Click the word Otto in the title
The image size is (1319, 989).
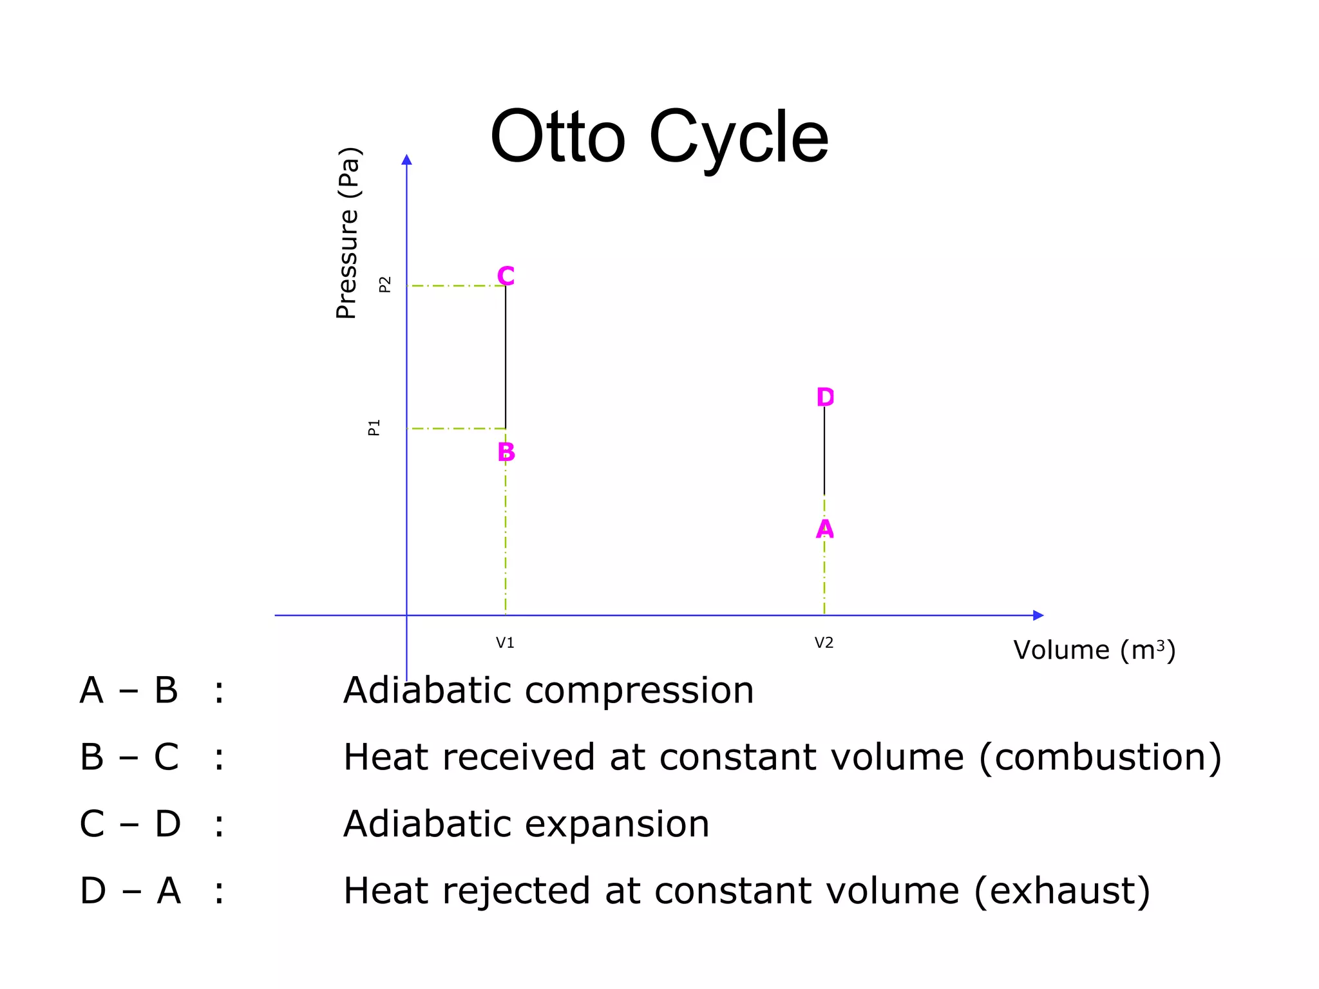pos(558,137)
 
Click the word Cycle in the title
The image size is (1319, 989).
pos(739,137)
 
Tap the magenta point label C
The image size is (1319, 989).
pos(506,276)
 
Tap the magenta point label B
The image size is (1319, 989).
pos(506,452)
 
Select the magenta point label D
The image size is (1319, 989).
pos(825,397)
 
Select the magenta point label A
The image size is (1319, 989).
pos(824,529)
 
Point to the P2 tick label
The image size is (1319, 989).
pos(385,285)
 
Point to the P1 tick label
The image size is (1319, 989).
pos(374,428)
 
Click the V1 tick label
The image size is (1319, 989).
pos(505,643)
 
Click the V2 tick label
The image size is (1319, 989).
pos(824,643)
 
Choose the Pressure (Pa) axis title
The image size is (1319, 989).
pos(348,233)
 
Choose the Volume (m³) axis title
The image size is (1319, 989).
pos(1094,650)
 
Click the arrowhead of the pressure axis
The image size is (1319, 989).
pos(406,160)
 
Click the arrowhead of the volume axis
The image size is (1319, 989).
pos(1038,615)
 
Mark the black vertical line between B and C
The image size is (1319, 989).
pos(506,357)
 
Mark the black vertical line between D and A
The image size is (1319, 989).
pos(824,451)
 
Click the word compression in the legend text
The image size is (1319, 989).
pos(639,692)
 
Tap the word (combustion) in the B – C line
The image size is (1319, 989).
pos(1100,757)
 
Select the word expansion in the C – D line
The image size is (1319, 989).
pos(618,824)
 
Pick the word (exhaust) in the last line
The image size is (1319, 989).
pos(1061,891)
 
